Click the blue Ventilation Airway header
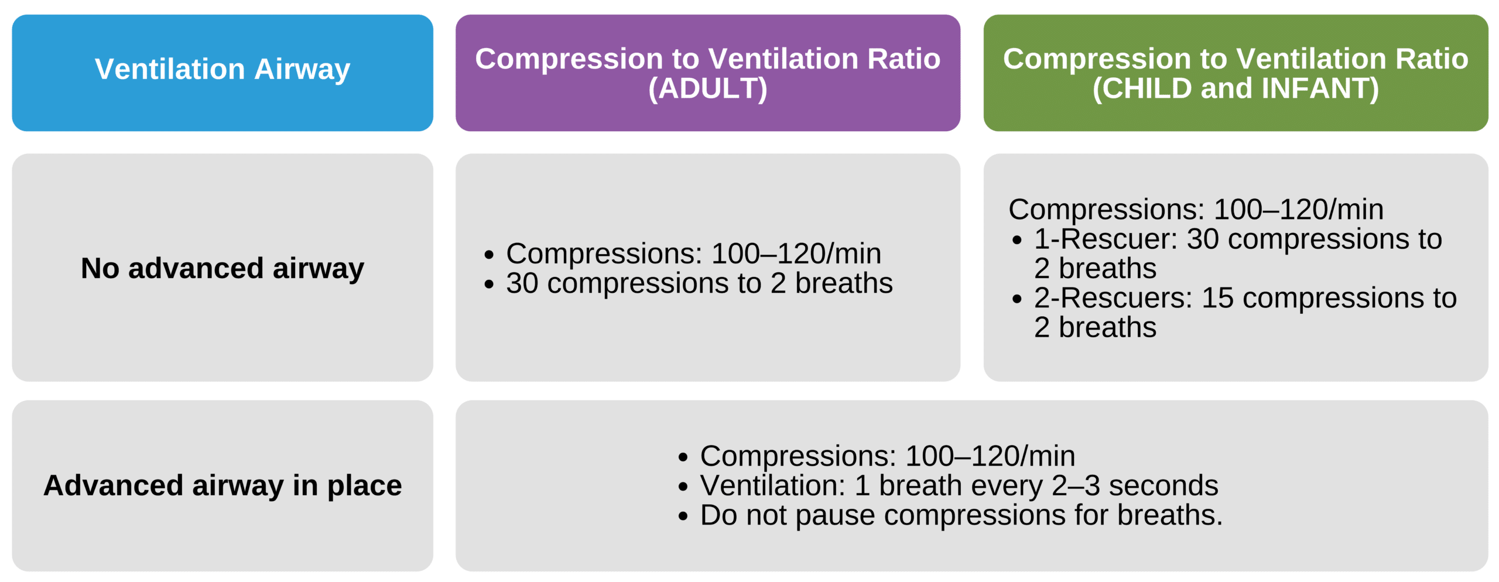coord(223,73)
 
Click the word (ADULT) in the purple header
coord(707,89)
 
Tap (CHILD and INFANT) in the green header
coord(1236,89)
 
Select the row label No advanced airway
coord(223,268)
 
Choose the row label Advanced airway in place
coord(223,485)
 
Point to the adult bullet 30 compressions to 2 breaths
coord(699,283)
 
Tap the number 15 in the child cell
coord(1217,298)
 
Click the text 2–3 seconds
coord(1135,486)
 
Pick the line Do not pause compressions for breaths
coord(961,515)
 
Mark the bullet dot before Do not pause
coord(683,516)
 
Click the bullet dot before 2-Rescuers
coord(1017,299)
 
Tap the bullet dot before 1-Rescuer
coord(1017,240)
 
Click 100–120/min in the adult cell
coord(796,254)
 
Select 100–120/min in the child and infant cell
coord(1299,210)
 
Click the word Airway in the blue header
coord(302,70)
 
